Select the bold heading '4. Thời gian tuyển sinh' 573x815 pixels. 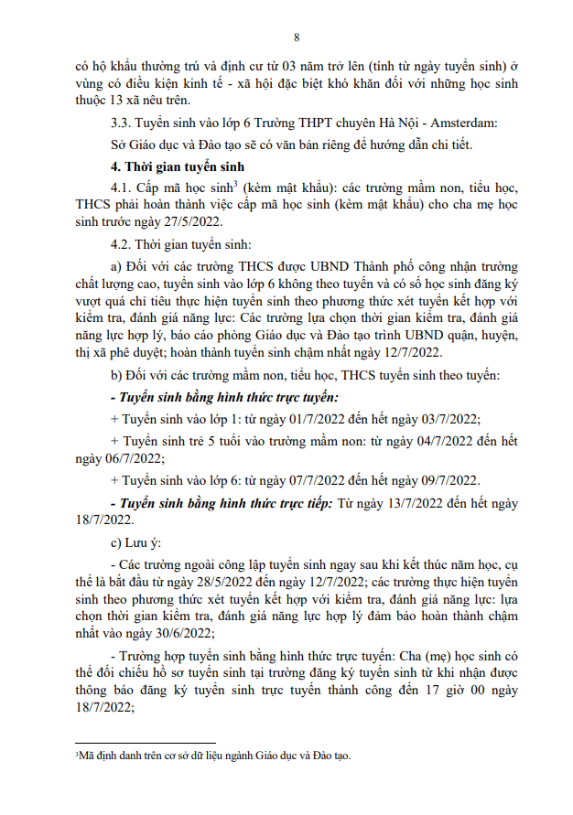pyautogui.click(x=174, y=166)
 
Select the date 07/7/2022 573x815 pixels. pyautogui.click(x=303, y=480)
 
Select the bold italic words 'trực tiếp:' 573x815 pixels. pyautogui.click(x=297, y=503)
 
